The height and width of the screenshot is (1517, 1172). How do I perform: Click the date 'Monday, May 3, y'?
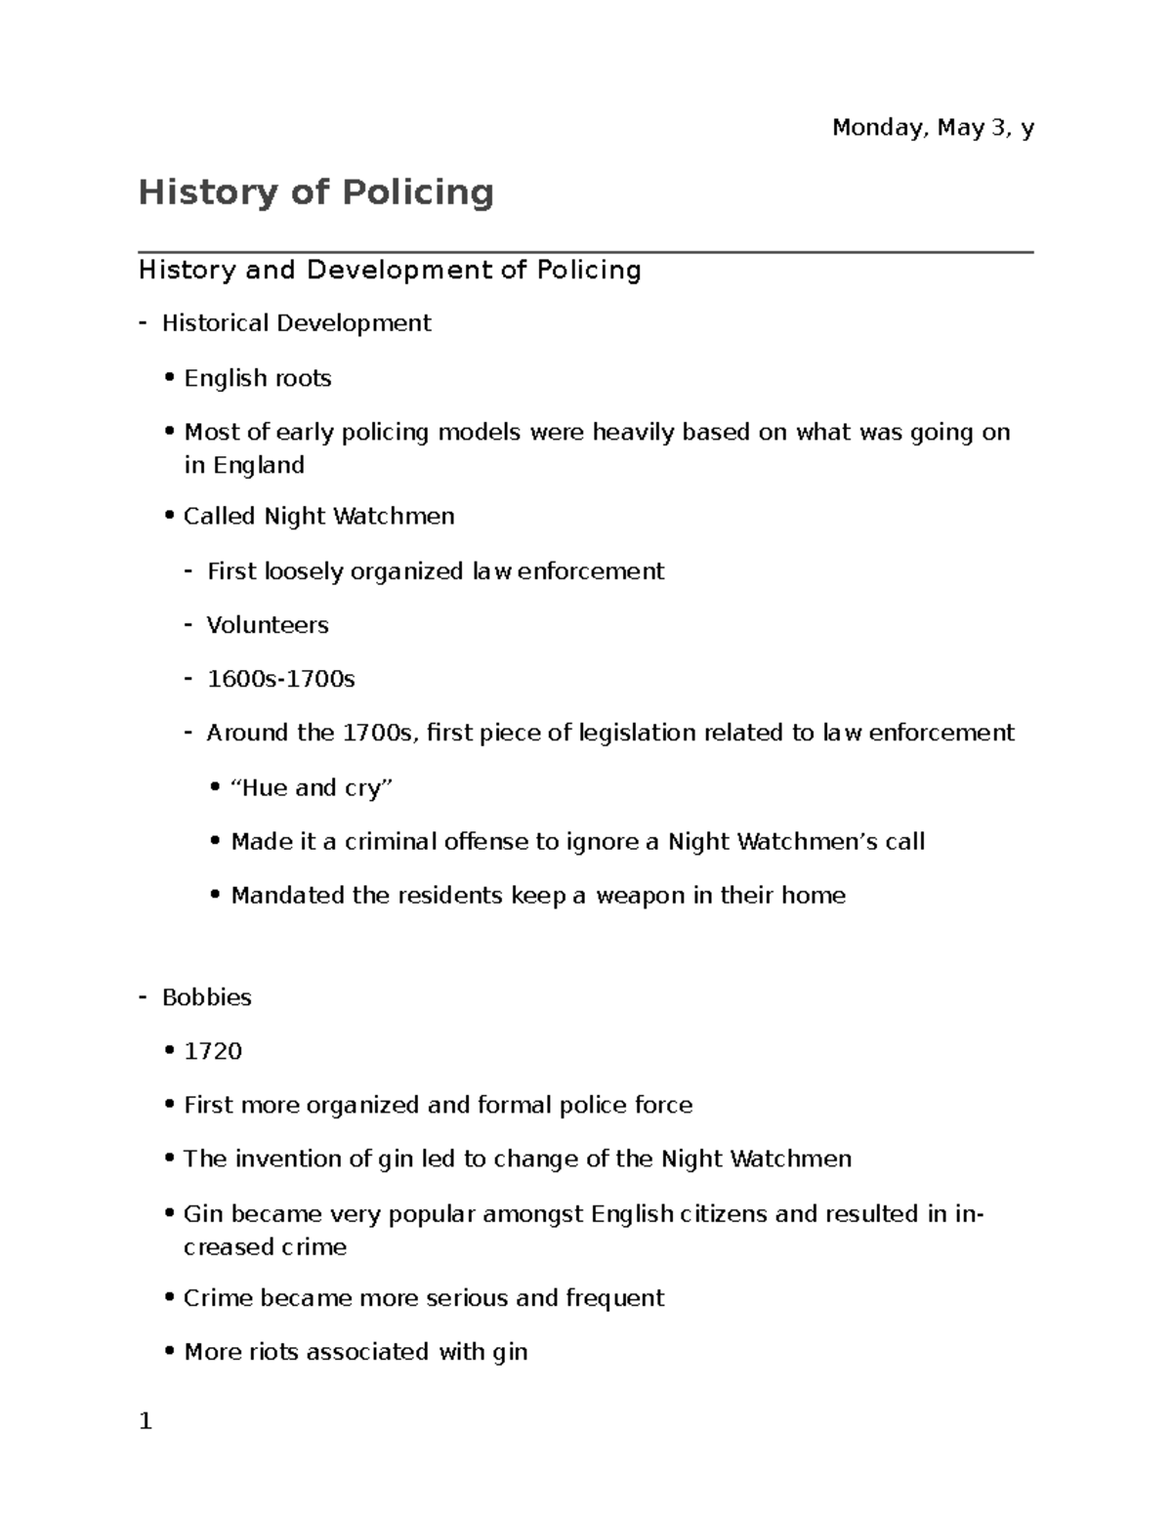932,128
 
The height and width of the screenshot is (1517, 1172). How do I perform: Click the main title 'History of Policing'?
315,191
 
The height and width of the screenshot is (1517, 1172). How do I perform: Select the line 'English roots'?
258,378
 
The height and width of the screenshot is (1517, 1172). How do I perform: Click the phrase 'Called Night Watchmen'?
318,516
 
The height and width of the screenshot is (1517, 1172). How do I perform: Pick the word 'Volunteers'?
268,625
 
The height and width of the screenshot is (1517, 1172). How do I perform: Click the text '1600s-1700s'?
281,679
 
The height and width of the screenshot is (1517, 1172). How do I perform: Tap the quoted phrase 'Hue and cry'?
311,787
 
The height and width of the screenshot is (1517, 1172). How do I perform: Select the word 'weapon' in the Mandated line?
641,896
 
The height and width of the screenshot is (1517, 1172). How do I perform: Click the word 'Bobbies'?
207,997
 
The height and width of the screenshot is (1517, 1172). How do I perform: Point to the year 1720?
213,1051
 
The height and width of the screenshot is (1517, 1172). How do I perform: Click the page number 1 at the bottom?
146,1421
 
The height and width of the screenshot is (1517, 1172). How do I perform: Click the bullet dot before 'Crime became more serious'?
170,1299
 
